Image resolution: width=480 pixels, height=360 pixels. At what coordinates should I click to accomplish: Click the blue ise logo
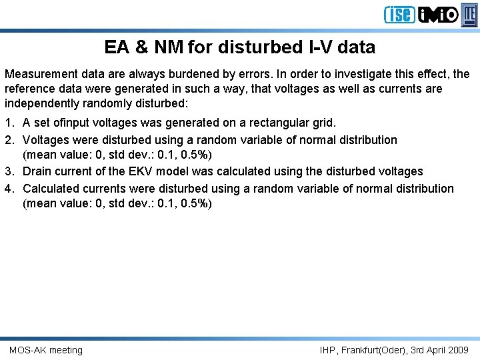click(x=399, y=15)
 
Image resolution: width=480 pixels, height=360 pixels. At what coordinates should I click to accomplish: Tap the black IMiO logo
click(x=439, y=15)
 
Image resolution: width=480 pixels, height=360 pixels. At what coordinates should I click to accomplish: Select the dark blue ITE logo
click(x=470, y=14)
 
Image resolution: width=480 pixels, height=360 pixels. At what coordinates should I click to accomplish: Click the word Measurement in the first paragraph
click(x=40, y=74)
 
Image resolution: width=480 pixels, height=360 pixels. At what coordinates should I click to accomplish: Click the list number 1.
click(x=9, y=123)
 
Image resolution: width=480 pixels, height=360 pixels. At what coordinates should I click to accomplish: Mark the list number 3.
click(x=9, y=172)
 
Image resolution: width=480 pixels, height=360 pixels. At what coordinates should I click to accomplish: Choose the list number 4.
click(x=9, y=189)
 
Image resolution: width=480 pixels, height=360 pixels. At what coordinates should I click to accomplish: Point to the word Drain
click(x=37, y=172)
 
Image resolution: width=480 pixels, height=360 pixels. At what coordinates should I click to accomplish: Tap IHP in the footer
click(x=328, y=350)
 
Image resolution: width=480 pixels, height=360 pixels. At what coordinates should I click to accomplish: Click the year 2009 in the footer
click(x=457, y=350)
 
